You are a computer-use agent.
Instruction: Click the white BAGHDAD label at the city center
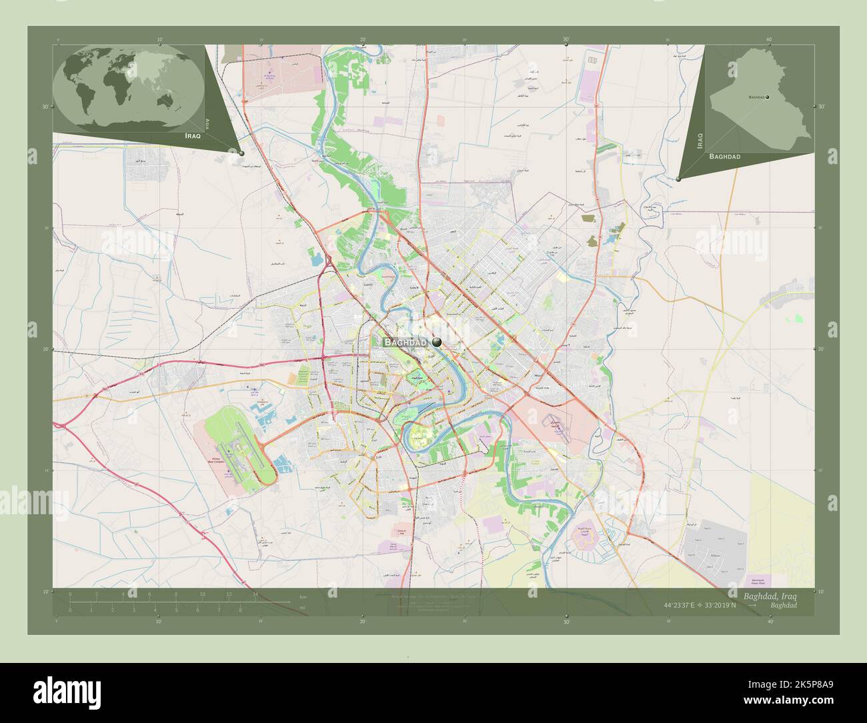tap(405, 341)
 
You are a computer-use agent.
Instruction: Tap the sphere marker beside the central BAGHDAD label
tap(437, 341)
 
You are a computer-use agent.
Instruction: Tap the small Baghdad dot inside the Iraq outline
tap(768, 97)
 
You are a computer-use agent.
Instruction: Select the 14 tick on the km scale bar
tap(255, 594)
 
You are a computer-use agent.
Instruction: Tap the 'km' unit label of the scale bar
tap(303, 596)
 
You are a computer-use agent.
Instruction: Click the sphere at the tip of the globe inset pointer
tap(241, 153)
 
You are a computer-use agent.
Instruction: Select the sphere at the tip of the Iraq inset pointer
tap(678, 179)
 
